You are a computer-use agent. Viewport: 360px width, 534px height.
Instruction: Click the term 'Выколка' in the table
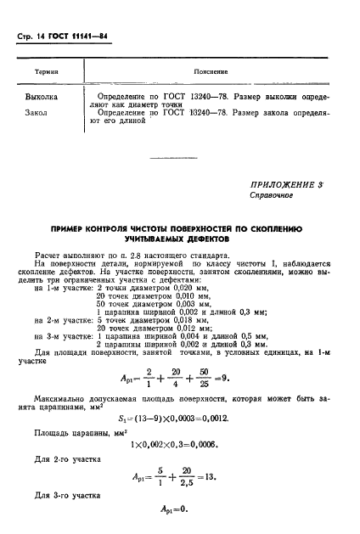click(x=40, y=97)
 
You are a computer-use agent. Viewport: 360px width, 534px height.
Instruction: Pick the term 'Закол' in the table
click(x=36, y=111)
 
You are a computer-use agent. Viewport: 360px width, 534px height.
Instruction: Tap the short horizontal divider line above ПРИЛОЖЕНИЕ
click(x=179, y=157)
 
